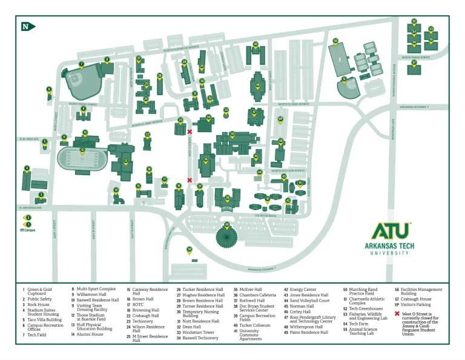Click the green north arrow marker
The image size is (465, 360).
28,26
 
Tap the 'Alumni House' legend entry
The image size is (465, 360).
89,335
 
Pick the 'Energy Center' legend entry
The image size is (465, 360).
303,290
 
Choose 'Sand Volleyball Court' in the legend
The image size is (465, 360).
309,300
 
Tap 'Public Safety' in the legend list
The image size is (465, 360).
39,299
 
